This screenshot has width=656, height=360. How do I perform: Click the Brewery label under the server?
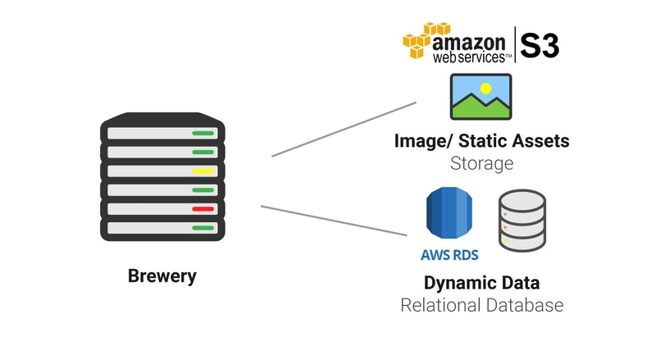(162, 276)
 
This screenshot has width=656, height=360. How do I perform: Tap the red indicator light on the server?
(203, 209)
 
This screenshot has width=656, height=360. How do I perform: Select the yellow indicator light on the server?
(203, 171)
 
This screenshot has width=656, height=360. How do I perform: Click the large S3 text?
(540, 46)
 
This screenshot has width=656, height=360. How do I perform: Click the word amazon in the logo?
(468, 43)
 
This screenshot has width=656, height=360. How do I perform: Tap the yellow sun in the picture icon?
(485, 89)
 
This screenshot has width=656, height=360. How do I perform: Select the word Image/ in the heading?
(423, 142)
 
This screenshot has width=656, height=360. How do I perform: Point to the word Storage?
(481, 164)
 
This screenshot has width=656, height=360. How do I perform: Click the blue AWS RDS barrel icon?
(449, 212)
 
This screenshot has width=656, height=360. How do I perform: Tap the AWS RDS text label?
(449, 255)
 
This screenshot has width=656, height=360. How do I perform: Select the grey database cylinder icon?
(522, 221)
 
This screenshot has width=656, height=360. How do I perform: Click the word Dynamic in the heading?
(455, 284)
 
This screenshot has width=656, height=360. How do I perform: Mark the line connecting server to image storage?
(344, 130)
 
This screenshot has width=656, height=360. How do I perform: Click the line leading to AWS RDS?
(334, 221)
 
